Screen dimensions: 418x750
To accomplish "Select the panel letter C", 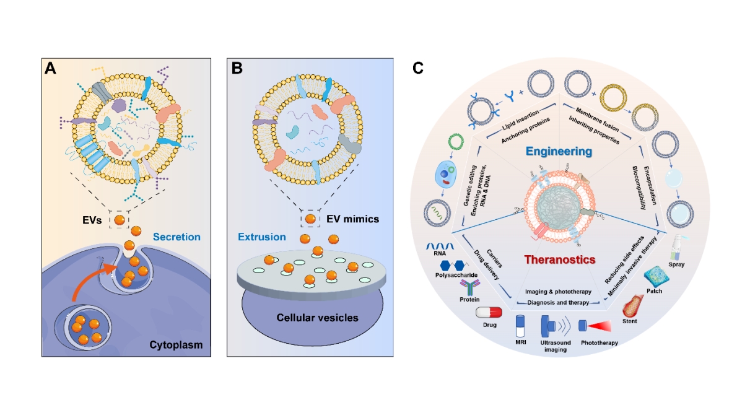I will point(418,68).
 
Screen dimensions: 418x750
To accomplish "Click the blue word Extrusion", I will point(261,237).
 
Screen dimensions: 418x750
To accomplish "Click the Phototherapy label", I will point(599,342).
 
